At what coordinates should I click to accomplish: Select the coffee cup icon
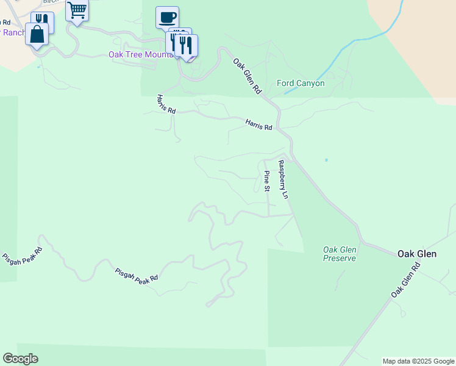tap(167, 17)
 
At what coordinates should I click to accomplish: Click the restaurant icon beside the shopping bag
tap(43, 21)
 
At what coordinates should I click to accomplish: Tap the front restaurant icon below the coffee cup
tap(186, 45)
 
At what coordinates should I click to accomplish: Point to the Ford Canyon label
tap(301, 83)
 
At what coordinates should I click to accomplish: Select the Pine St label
tap(267, 181)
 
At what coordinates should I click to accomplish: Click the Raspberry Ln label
tap(283, 180)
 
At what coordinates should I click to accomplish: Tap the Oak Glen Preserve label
tap(339, 254)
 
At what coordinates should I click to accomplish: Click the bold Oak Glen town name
tap(416, 253)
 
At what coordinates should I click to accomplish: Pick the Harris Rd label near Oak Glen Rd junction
tap(258, 124)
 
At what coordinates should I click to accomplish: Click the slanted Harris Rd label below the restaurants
tap(166, 104)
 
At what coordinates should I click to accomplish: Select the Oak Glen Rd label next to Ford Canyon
tap(247, 76)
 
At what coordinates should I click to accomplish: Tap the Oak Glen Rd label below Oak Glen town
tap(406, 280)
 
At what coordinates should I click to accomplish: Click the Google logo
tap(20, 359)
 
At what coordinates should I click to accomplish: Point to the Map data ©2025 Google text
tap(418, 361)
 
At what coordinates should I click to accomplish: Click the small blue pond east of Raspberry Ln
tap(326, 160)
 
